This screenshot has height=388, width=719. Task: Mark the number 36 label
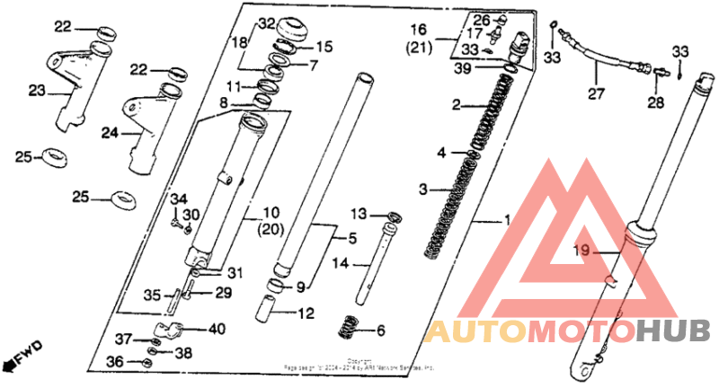point(114,361)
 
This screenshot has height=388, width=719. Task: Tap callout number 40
point(216,329)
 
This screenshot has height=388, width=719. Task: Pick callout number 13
point(359,214)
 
